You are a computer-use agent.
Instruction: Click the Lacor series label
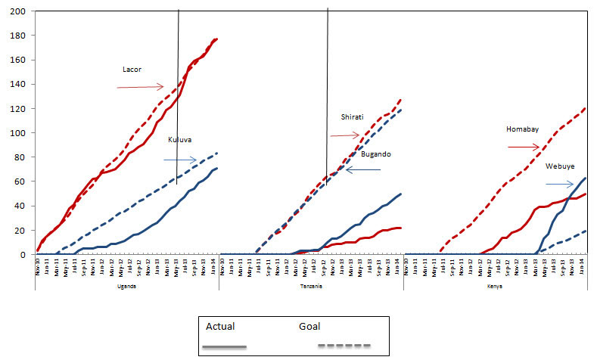point(132,69)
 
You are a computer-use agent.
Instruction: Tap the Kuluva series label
point(180,141)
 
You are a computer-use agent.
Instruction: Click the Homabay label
point(522,129)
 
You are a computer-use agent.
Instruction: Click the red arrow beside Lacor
point(140,87)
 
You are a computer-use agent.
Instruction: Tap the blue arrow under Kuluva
point(180,160)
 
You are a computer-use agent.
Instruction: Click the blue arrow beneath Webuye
point(560,182)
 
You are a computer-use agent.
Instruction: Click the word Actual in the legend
point(221,327)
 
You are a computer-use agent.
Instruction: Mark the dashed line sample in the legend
point(344,346)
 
